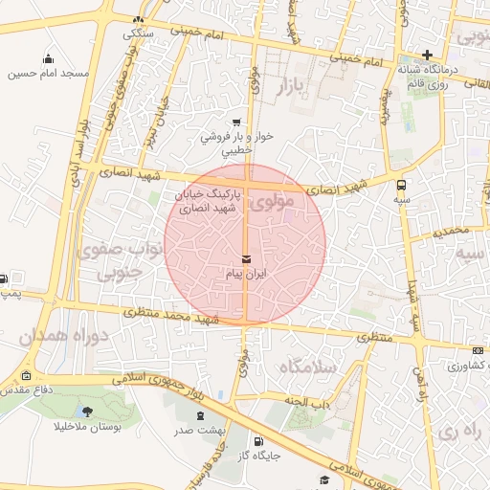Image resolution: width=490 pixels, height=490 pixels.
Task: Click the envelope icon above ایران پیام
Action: (247, 259)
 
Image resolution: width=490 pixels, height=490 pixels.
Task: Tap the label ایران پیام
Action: (247, 275)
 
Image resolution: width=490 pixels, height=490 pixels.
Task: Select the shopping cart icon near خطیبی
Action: (236, 122)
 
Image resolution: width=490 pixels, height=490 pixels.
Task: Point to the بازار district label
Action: (295, 88)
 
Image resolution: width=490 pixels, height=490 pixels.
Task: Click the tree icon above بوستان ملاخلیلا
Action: (88, 412)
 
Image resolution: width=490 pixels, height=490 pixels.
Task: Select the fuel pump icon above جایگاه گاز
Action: (256, 442)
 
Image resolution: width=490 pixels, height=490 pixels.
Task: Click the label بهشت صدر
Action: (200, 431)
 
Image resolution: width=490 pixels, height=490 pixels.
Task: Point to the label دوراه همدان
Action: (55, 338)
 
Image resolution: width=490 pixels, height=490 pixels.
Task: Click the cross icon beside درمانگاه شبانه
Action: (428, 55)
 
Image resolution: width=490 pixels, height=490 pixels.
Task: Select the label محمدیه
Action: (452, 232)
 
